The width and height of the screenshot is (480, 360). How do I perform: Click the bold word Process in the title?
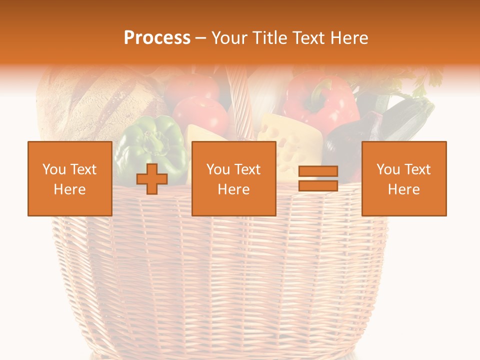157,38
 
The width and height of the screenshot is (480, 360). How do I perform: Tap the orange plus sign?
152,179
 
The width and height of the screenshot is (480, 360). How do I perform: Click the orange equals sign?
318,178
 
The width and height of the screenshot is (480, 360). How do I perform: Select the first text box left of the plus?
69,178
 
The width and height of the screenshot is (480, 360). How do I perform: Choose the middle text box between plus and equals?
233,178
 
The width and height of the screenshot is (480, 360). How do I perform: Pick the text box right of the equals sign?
403,178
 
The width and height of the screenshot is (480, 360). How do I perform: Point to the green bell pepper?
150,135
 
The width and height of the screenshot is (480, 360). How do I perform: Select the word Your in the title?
229,38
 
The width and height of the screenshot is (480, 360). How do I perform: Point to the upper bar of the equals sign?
318,171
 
